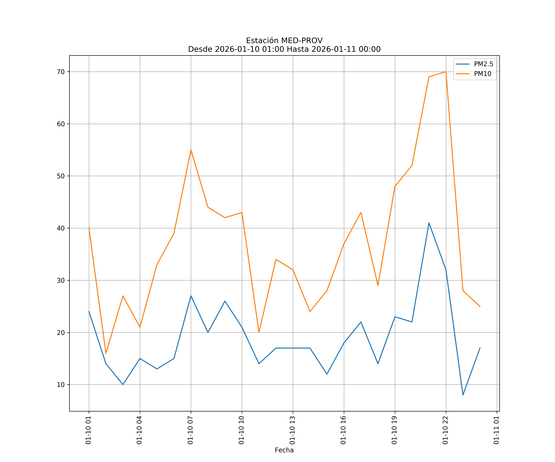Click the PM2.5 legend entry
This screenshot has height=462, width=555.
483,64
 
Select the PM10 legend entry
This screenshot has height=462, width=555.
483,74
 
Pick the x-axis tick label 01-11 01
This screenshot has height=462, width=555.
496,430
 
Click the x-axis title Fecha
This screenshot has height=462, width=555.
284,450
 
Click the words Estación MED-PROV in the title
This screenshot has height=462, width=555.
284,41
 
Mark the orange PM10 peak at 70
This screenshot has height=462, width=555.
446,72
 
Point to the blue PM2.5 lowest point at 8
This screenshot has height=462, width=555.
463,395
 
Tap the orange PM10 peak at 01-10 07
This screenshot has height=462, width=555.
191,150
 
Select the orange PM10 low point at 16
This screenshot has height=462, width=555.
106,353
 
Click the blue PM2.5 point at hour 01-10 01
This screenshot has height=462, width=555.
89,312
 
